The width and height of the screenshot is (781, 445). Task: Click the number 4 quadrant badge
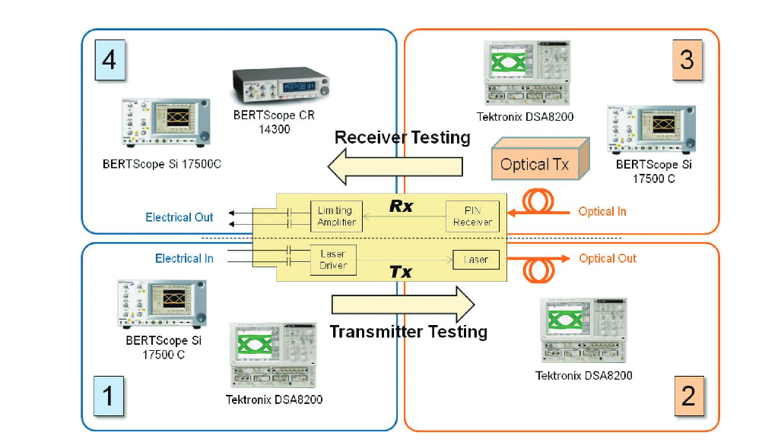tap(109, 58)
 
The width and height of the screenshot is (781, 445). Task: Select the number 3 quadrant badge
tap(687, 58)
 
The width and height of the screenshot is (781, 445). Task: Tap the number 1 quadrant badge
tap(109, 396)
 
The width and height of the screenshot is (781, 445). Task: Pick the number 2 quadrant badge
tap(687, 396)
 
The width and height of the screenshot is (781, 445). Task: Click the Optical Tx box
tap(534, 163)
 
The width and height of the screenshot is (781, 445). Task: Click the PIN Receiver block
tap(472, 216)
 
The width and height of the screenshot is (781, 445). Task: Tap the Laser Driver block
tap(333, 259)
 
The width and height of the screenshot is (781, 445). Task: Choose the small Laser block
tap(476, 260)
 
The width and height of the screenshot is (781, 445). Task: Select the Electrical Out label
tap(179, 217)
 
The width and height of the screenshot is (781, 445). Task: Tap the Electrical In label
tap(184, 259)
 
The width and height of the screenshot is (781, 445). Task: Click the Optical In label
tap(602, 211)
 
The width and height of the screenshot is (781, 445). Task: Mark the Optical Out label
tap(607, 258)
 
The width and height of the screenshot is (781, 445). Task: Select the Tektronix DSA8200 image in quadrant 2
tap(584, 330)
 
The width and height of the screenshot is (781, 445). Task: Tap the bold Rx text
tap(401, 206)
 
